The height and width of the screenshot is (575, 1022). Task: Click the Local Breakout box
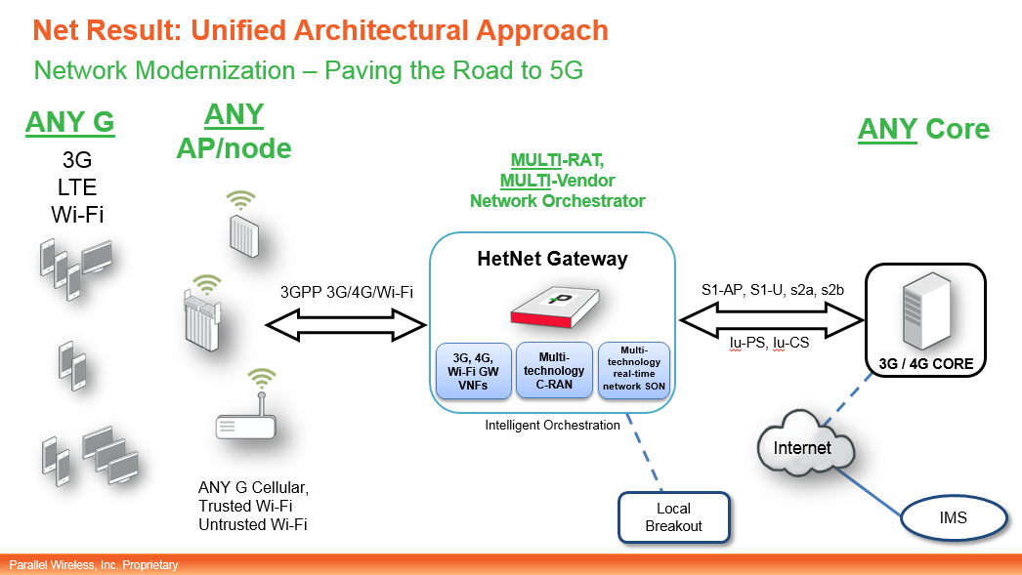pos(673,516)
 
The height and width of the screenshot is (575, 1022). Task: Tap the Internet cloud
pos(802,448)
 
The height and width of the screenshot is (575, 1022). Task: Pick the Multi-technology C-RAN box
pos(553,370)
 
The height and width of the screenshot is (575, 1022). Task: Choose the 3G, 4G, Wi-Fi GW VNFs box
pos(473,370)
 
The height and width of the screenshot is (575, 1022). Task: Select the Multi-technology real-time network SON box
pos(633,370)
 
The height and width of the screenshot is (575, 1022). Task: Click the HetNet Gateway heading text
pos(552,259)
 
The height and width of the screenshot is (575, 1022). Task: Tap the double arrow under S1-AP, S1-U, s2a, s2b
pos(772,316)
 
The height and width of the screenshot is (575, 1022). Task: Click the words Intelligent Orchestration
pos(552,425)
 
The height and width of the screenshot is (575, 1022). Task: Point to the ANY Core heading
pos(923,129)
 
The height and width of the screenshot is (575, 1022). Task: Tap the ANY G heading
pos(69,123)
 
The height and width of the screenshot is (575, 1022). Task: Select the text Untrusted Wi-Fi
pos(252,525)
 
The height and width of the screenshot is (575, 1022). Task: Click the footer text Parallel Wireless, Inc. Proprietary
pos(94,565)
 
